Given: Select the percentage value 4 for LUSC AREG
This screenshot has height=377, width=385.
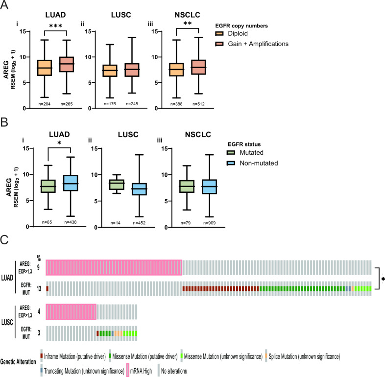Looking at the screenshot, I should coord(39,311).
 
